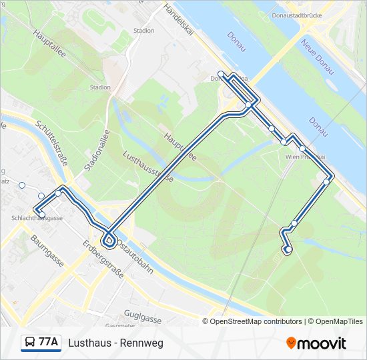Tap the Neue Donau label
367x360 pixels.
click(316, 57)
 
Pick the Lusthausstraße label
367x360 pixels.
click(149, 167)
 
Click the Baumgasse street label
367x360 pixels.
click(47, 250)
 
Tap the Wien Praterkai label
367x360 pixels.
click(305, 157)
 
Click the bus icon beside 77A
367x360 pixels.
click(29, 343)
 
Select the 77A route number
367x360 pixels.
click(48, 343)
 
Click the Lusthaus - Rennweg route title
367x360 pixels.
click(115, 343)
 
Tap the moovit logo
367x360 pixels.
click(316, 343)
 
